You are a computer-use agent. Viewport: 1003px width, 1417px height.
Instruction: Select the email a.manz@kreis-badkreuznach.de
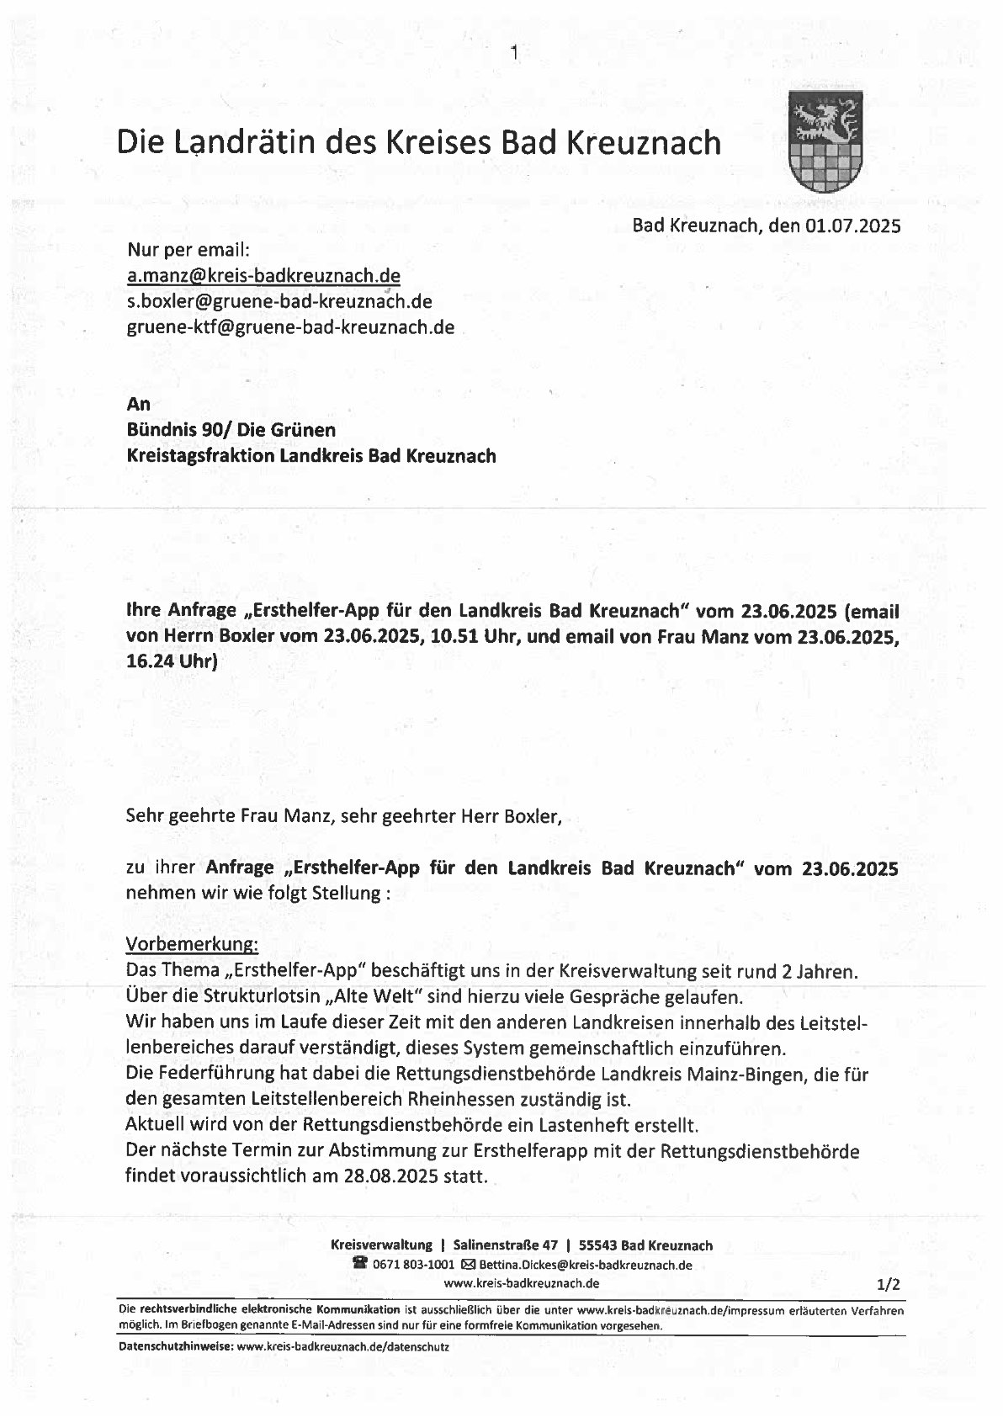263,276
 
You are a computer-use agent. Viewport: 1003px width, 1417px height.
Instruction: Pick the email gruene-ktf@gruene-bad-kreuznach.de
290,327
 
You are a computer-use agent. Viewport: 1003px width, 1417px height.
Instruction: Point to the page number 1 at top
514,56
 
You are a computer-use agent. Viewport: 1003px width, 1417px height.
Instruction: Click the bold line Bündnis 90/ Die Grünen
231,430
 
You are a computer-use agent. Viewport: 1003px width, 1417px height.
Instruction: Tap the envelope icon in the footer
469,1265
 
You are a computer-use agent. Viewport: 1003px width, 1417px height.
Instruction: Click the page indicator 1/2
888,1284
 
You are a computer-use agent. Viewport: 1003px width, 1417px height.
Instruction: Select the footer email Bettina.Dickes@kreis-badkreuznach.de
586,1265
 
